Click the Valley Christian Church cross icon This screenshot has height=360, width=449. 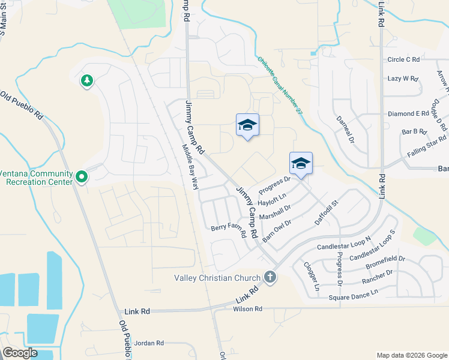(270, 277)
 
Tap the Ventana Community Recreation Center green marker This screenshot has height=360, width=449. (82, 177)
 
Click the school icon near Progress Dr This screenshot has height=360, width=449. (301, 163)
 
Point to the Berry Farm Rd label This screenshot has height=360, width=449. (229, 231)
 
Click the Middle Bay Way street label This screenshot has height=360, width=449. (191, 167)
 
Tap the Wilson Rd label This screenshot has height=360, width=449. (247, 309)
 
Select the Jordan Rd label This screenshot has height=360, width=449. (149, 343)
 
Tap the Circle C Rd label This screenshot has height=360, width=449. (403, 59)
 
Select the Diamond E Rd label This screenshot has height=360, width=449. (408, 113)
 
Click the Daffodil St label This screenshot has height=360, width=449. (327, 214)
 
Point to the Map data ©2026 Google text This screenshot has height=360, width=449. (411, 355)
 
